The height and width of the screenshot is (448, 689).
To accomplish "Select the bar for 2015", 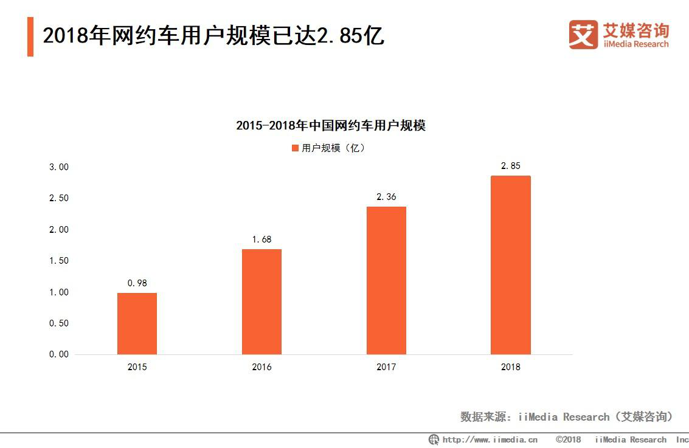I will click(137, 323).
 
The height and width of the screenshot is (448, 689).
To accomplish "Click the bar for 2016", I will click(261, 302).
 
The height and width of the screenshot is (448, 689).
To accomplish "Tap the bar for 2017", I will click(386, 280).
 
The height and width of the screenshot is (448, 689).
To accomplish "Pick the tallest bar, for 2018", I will click(511, 265).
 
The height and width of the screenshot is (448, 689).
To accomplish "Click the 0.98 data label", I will click(137, 283).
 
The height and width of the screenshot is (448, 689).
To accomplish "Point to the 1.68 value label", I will click(261, 240).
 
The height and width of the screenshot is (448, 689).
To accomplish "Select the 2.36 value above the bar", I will click(386, 196).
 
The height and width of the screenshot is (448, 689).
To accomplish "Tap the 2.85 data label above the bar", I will click(511, 166).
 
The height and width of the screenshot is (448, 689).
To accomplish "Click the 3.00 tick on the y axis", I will click(60, 167).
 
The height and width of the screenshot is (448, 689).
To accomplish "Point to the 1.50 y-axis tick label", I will click(60, 261).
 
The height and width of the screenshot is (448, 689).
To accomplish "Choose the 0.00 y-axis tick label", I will click(60, 354).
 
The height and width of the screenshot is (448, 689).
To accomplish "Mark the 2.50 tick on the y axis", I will click(60, 198).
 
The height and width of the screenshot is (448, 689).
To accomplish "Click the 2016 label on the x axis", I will click(261, 367).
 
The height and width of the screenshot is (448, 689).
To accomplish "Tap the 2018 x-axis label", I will click(511, 367).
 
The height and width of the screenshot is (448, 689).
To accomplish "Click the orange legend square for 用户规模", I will click(296, 148).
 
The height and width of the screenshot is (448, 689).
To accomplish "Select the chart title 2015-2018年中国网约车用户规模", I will click(331, 126).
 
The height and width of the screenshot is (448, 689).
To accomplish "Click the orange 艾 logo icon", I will click(583, 35).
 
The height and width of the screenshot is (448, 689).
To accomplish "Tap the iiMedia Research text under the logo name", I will click(635, 44).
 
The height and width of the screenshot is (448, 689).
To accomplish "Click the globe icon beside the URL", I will click(434, 439).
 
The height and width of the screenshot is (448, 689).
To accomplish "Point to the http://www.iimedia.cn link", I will click(490, 439).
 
